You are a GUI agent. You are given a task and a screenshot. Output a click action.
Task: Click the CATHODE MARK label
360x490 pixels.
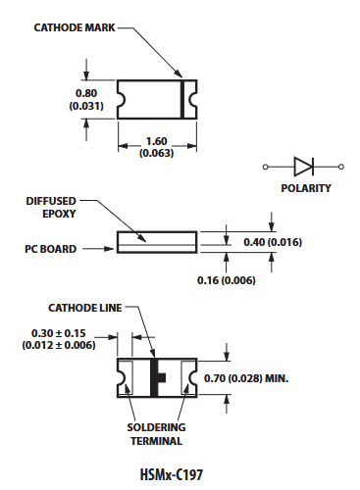click(75, 27)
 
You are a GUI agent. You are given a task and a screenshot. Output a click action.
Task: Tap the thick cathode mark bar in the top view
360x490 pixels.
click(182, 99)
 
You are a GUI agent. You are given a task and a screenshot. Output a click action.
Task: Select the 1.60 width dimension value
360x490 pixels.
click(156, 141)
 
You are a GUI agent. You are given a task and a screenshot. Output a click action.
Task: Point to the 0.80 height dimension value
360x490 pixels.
click(86, 93)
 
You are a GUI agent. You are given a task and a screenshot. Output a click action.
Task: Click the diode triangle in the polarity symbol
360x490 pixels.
click(303, 167)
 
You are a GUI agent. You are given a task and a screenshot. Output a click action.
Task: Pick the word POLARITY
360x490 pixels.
click(306, 188)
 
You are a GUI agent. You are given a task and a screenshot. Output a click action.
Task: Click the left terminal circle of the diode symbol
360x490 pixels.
click(266, 167)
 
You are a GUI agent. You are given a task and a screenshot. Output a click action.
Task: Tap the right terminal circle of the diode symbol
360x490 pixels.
click(341, 167)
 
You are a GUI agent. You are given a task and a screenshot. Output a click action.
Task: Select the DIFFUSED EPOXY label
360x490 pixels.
click(51, 208)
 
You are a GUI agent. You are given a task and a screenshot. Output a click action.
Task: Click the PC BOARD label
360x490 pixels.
click(51, 249)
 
